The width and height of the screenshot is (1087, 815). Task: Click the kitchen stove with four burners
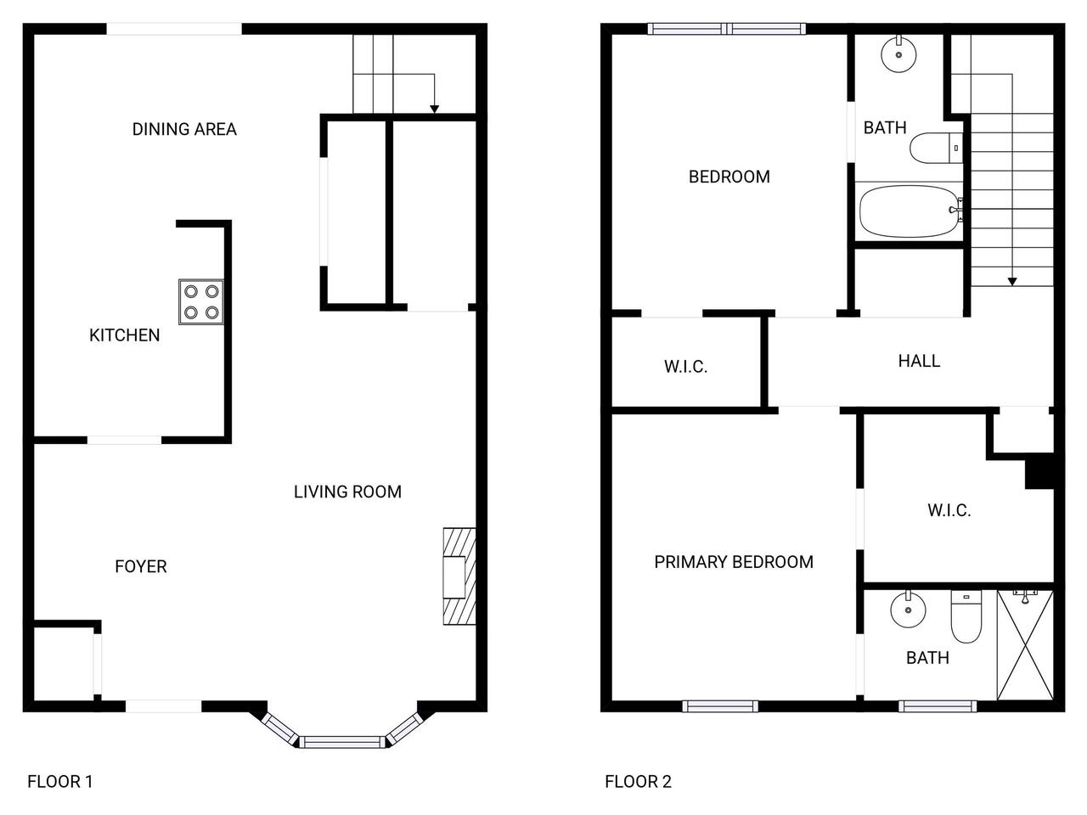point(201,302)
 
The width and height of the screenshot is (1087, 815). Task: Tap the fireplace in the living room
point(459,576)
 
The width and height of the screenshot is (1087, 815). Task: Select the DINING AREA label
point(184,129)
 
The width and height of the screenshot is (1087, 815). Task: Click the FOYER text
point(141,566)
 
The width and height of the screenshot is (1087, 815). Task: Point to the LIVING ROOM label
point(347,492)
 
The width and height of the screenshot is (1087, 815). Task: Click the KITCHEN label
point(124,335)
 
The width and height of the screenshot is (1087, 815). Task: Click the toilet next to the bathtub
point(936,148)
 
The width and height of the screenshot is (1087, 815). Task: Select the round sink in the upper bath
point(898,54)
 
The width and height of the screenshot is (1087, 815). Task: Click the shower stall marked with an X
point(1025,644)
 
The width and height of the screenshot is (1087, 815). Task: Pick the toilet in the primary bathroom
point(966,616)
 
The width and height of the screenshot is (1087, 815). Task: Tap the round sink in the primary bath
point(908,610)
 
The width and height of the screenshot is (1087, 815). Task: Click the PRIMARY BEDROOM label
point(734,562)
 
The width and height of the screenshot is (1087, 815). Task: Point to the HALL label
point(919,361)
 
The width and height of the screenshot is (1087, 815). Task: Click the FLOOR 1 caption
point(60,781)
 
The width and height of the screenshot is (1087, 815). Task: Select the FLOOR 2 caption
point(638,781)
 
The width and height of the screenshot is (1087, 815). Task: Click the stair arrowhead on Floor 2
point(1012,282)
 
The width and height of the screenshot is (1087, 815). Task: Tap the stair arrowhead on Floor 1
point(434,110)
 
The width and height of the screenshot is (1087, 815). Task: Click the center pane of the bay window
point(342,742)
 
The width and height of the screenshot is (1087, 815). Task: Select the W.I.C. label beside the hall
point(685,366)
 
